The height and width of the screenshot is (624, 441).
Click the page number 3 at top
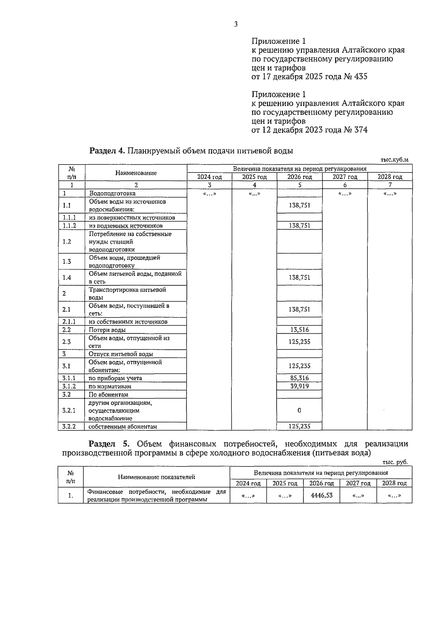[x=236, y=25]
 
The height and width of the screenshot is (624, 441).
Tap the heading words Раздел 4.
[x=108, y=151]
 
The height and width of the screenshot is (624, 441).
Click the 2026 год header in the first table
[x=300, y=177]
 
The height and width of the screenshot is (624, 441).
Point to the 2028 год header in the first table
[x=390, y=177]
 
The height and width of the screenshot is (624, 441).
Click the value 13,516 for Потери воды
[x=299, y=330]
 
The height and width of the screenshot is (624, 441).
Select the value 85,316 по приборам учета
[x=299, y=378]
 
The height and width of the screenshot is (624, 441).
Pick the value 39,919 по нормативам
[x=299, y=386]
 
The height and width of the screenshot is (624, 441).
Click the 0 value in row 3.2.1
[x=299, y=410]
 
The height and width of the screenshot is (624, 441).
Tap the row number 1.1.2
[x=69, y=226]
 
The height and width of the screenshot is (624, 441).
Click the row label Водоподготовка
[x=112, y=194]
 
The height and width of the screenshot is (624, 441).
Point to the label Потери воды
[x=107, y=330]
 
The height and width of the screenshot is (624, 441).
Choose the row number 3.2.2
[x=69, y=426]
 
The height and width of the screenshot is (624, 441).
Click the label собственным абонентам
[x=123, y=427]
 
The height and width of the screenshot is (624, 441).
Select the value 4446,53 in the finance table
[x=322, y=495]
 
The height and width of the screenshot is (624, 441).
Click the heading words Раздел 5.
[x=108, y=444]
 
